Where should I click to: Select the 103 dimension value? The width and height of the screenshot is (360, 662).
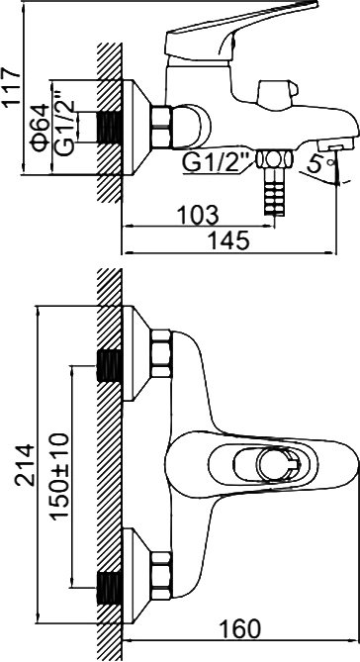point(198,216)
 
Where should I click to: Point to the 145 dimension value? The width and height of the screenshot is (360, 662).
point(228,241)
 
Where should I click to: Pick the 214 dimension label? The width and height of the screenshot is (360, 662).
point(24,464)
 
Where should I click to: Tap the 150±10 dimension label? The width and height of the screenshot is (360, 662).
point(59,475)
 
